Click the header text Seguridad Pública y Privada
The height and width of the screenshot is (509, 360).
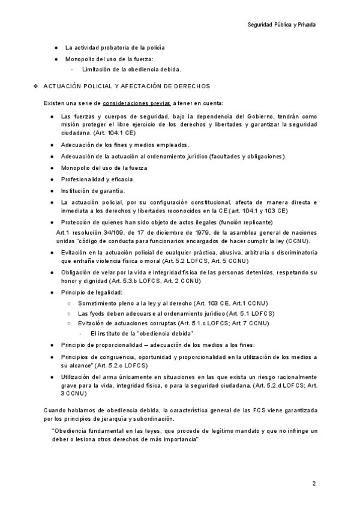pyautogui.click(x=281, y=25)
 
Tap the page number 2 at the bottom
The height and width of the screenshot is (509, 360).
pyautogui.click(x=314, y=483)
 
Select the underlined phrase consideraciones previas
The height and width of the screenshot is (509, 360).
pyautogui.click(x=136, y=103)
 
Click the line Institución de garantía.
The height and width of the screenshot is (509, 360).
pyautogui.click(x=92, y=191)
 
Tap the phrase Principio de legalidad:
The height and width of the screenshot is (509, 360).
pyautogui.click(x=91, y=292)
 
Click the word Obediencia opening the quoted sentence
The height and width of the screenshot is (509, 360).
pyautogui.click(x=73, y=431)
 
